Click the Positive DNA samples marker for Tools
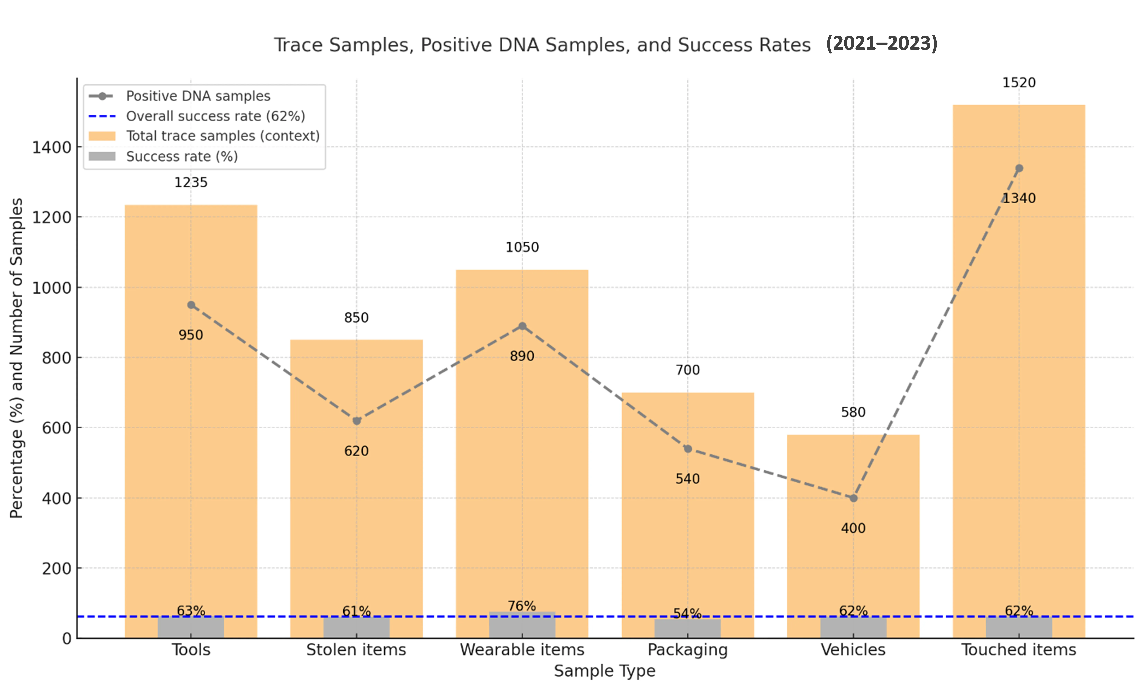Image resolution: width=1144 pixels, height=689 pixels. [191, 305]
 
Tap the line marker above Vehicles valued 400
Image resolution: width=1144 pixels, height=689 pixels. [853, 498]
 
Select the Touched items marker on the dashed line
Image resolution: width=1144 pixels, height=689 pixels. [1019, 168]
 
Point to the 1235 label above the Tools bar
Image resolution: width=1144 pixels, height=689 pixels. [191, 183]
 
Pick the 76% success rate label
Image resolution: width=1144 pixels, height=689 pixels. [522, 606]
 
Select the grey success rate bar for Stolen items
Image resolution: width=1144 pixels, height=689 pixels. [357, 628]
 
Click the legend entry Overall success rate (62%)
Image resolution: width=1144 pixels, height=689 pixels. [215, 116]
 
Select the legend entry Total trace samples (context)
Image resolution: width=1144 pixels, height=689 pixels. [223, 136]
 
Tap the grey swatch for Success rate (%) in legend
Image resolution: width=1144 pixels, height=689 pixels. [102, 156]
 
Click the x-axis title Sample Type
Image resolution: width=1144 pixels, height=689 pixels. [605, 671]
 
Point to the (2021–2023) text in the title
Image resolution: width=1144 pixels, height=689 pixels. [881, 43]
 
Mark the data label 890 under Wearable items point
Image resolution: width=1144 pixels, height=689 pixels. [522, 356]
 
